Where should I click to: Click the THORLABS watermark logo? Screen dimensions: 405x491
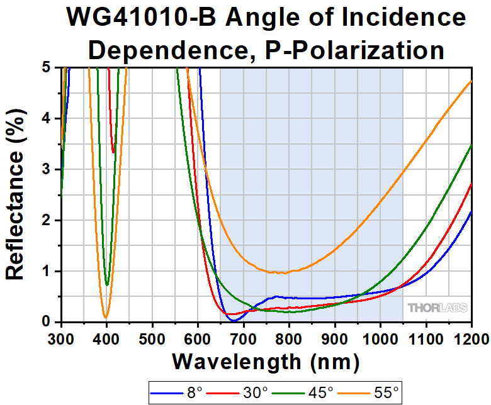pyautogui.click(x=437, y=308)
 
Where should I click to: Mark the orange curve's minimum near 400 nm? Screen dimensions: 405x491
pyautogui.click(x=106, y=317)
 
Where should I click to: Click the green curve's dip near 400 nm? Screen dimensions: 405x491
pyautogui.click(x=107, y=285)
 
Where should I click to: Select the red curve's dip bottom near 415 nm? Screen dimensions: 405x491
pyautogui.click(x=113, y=152)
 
